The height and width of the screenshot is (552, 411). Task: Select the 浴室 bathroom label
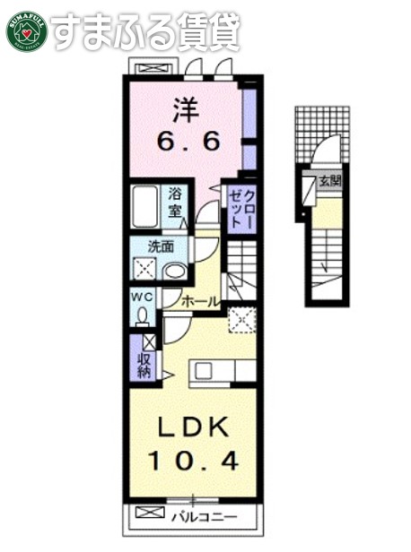click(x=174, y=204)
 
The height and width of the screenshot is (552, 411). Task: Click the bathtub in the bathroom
click(x=144, y=209)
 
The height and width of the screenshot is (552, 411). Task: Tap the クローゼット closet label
click(x=240, y=207)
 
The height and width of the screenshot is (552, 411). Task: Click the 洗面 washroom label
click(x=162, y=247)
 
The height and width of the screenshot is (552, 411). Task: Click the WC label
click(x=142, y=296)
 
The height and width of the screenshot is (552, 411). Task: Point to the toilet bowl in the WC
click(x=143, y=315)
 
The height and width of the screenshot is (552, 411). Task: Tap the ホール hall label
click(x=200, y=302)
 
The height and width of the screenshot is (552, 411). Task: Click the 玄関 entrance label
click(x=329, y=181)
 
